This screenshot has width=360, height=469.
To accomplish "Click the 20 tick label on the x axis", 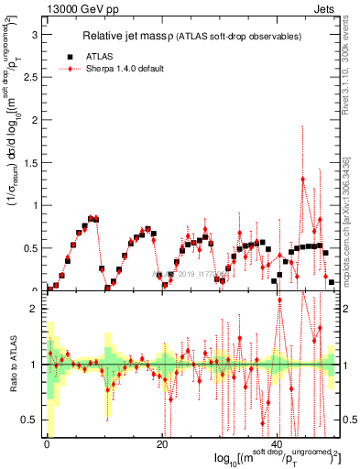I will pyautogui.click(x=161, y=445).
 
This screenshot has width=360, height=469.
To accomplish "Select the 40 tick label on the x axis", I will pyautogui.click(x=278, y=445).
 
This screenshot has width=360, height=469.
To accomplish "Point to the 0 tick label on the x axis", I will pyautogui.click(x=47, y=445).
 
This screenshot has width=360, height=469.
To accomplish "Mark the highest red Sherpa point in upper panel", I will pyautogui.click(x=303, y=179).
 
